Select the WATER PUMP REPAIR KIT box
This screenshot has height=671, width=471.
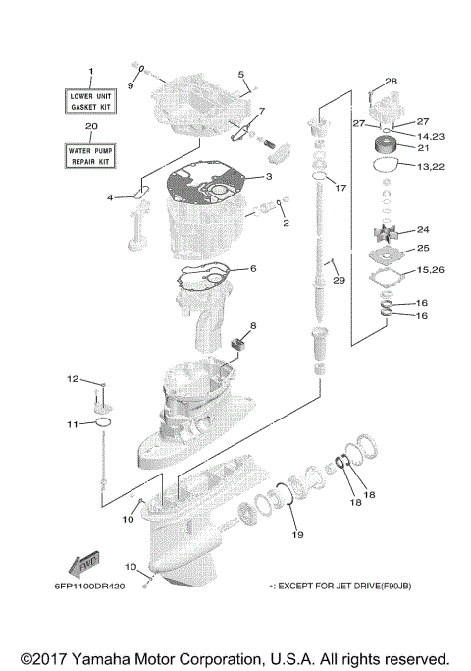[91, 154]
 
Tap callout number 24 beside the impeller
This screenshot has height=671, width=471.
[423, 229]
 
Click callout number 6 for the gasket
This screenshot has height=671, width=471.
[252, 268]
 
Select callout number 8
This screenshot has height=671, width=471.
[252, 325]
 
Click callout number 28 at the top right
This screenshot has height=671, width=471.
[391, 81]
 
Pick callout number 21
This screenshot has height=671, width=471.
[424, 148]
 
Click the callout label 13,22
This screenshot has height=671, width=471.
[430, 167]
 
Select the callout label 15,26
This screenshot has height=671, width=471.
[430, 269]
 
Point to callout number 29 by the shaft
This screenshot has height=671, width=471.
[339, 282]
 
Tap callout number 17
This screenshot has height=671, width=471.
[340, 187]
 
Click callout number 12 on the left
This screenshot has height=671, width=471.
[72, 378]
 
